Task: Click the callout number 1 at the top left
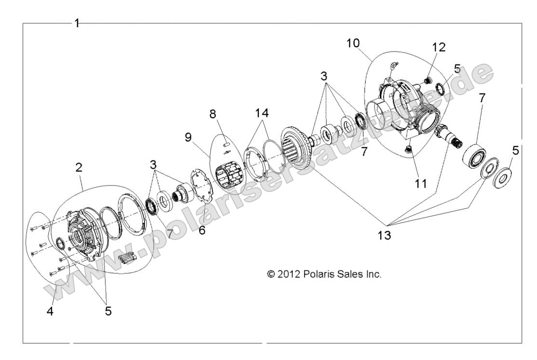77,23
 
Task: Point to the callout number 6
202,230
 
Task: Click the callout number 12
439,47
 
